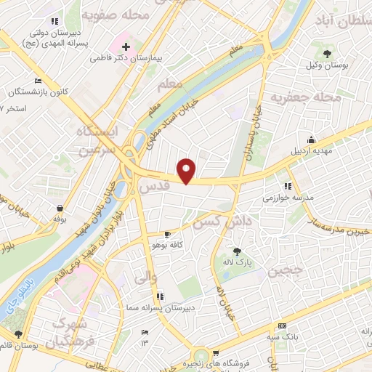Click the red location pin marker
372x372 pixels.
(x=187, y=170)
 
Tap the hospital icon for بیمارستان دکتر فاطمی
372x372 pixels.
(x=126, y=46)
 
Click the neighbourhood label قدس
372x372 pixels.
(x=154, y=187)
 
